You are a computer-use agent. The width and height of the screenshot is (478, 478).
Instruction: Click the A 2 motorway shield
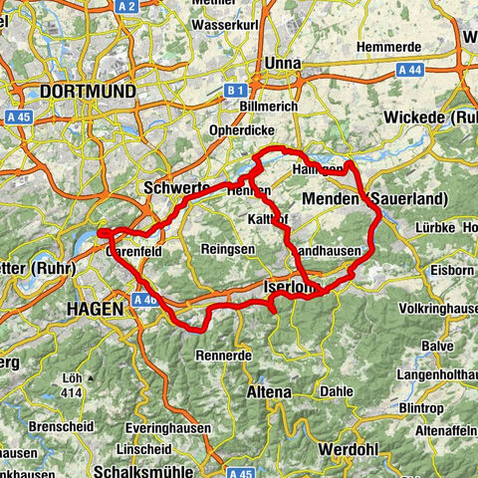[x=126, y=7]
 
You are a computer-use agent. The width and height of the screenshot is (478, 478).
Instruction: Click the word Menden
[x=333, y=199]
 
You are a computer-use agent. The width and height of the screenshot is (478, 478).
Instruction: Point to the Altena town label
[x=268, y=392]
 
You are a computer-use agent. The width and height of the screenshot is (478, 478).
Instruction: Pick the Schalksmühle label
[x=139, y=470]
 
